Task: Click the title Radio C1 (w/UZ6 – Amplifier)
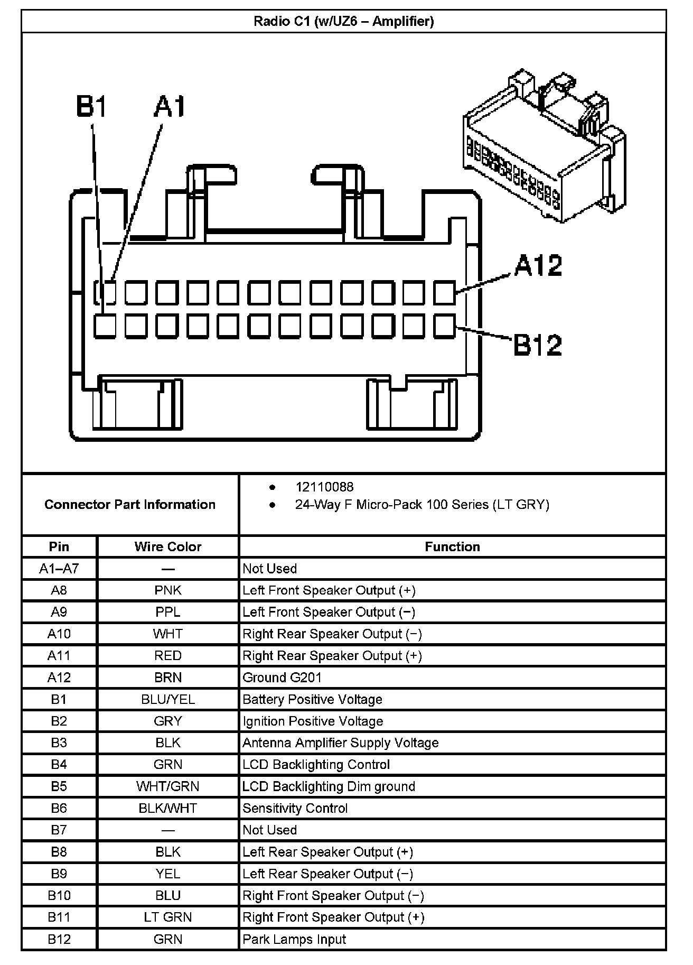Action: [344, 22]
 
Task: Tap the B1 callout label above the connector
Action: [91, 106]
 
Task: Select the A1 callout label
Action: [170, 106]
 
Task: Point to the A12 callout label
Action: [538, 266]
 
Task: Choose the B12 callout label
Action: [537, 346]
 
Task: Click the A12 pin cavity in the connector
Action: [444, 293]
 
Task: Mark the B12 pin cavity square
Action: [444, 326]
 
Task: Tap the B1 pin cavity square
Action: [105, 326]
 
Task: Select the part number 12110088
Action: [324, 487]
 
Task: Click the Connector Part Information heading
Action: [130, 505]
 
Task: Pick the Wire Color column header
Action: [168, 547]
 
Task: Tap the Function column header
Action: [452, 547]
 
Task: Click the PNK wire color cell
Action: [168, 590]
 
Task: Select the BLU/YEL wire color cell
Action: [168, 699]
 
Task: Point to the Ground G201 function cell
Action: [282, 678]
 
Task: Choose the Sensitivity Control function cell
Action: [295, 808]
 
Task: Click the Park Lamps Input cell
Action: [294, 939]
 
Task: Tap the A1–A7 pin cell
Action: [59, 569]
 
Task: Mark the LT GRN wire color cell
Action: [168, 917]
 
